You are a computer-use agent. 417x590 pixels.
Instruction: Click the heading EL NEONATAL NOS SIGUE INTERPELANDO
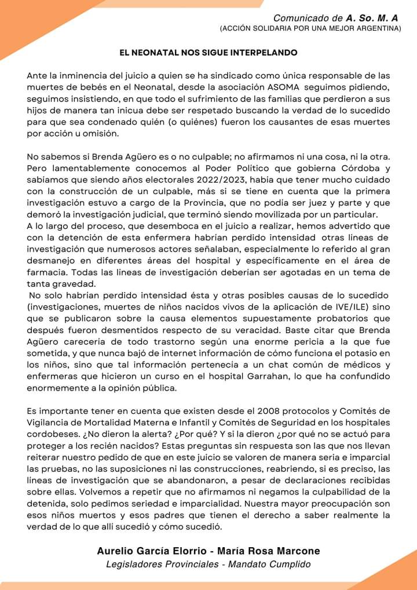pos(209,53)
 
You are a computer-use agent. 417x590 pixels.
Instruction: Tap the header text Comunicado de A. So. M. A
pos(336,18)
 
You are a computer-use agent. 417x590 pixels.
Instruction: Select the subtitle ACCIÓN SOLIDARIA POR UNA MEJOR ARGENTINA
pos(310,28)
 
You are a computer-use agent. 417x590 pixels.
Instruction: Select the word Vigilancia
pos(49,423)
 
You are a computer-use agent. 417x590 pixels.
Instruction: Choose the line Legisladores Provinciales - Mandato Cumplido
pos(209,564)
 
